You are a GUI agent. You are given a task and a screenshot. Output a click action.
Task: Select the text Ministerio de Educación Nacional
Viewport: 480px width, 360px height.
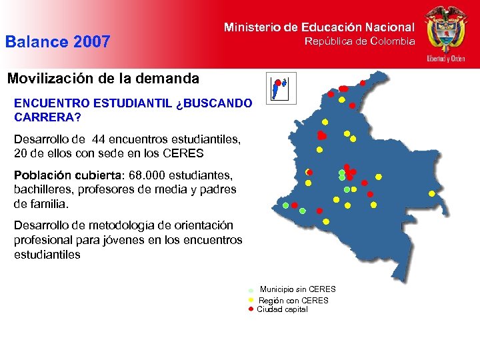[x=319, y=27]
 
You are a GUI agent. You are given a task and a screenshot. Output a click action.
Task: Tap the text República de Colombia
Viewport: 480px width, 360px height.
[x=359, y=41]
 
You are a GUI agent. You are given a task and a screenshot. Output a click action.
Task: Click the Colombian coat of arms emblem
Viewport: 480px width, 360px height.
[x=446, y=28]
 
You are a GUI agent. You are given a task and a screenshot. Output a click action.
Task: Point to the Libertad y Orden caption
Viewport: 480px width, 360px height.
[x=446, y=59]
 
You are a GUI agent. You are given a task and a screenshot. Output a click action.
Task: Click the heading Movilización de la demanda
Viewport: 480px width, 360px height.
[x=103, y=79]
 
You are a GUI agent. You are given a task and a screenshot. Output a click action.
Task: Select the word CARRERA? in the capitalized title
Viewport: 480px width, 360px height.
[x=47, y=117]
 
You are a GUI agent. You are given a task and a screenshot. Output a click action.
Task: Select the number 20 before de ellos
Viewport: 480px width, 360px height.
[x=21, y=153]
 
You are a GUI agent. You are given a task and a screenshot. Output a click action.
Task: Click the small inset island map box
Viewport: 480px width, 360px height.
[x=280, y=88]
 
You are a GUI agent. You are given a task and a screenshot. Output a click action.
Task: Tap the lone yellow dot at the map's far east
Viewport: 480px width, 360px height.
[x=431, y=193]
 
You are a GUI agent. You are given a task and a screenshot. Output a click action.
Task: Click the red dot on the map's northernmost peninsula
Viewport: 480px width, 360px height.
[x=363, y=83]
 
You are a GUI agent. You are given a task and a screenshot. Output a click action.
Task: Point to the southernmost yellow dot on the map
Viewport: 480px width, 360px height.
[x=325, y=221]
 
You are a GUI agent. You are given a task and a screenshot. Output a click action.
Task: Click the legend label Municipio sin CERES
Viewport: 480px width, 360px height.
[x=297, y=289]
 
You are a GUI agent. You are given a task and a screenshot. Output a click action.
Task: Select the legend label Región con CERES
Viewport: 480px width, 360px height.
[x=293, y=301]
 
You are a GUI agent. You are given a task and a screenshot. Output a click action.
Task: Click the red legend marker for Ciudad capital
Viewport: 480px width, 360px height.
[x=251, y=309]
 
